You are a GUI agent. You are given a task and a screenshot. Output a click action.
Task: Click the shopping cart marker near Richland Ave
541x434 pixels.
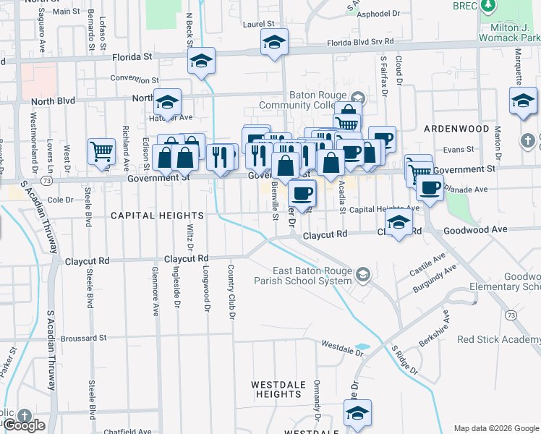click(x=101, y=151)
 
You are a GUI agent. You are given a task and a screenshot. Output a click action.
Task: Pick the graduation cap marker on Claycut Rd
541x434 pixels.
click(x=399, y=224)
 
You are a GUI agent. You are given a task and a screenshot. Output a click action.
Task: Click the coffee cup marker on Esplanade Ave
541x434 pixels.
click(x=430, y=187)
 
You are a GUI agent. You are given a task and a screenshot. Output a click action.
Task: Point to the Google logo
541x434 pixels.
click(x=23, y=425)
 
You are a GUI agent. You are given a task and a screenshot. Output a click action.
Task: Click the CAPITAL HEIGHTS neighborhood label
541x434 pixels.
click(x=157, y=216)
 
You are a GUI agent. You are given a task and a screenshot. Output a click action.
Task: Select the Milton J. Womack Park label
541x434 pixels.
click(x=509, y=32)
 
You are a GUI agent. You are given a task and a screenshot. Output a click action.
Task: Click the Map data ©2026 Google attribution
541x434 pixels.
click(x=496, y=428)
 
